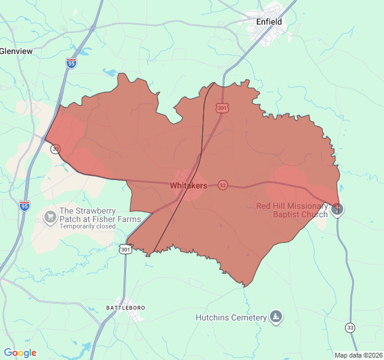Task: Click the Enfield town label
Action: pos(269,22)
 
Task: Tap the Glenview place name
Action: pos(16,52)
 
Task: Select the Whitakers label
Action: pos(188,186)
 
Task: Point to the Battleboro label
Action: pos(125,308)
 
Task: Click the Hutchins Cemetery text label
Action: pos(231,317)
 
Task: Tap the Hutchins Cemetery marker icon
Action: pos(275,317)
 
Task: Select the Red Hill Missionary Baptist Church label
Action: pos(292,210)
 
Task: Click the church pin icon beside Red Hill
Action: pos(338,209)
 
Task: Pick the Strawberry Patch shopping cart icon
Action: pos(50,215)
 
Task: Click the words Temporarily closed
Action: pos(87,226)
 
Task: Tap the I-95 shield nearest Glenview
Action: pos(71,62)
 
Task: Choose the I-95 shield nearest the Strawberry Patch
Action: pos(25,206)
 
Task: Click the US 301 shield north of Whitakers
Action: pos(223,108)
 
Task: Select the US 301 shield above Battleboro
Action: pos(125,249)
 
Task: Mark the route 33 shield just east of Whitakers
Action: pos(223,185)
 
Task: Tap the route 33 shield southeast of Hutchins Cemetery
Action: pos(350,328)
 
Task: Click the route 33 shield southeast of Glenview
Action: pos(55,149)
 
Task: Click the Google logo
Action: pos(20,353)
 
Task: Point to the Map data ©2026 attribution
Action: pos(358,355)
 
